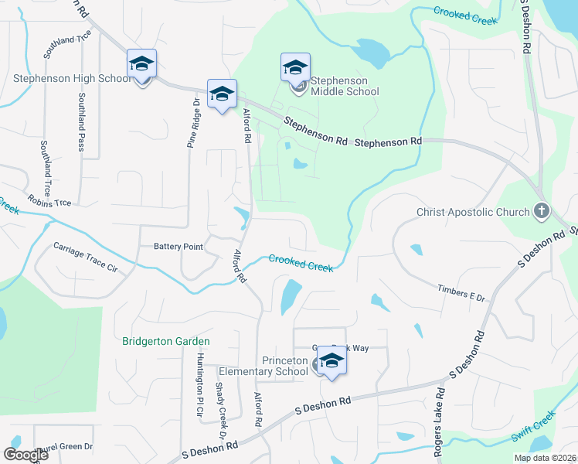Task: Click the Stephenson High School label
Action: coord(72,78)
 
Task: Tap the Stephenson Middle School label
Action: coord(345,86)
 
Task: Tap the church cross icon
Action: coord(542,210)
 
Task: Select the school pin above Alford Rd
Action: coord(222,94)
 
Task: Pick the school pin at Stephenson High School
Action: coord(142,64)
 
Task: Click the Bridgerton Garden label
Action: coord(165,341)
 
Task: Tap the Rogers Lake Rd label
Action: coord(438,422)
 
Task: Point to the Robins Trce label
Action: coord(49,200)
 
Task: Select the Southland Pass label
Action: coord(81,121)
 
